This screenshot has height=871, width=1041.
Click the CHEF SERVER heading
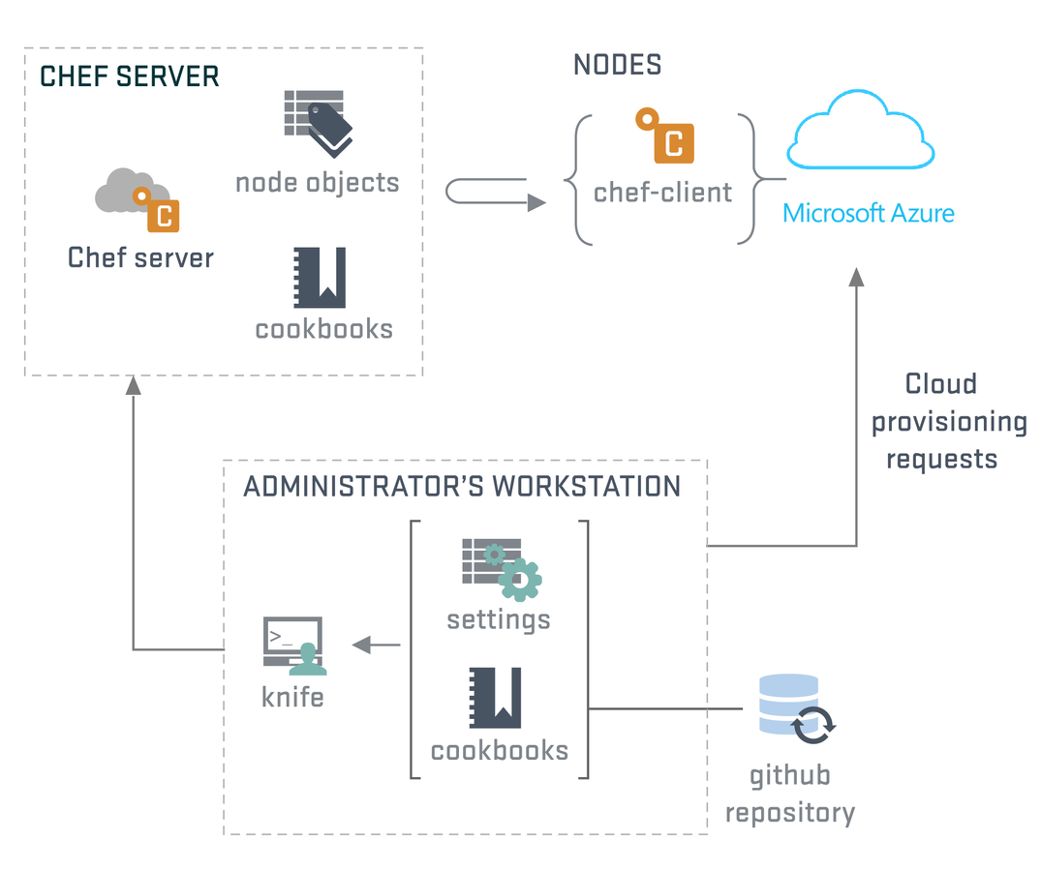pyautogui.click(x=130, y=76)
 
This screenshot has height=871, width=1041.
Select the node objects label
pyautogui.click(x=318, y=183)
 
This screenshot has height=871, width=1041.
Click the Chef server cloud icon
pyautogui.click(x=138, y=199)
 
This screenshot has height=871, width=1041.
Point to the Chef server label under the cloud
pyautogui.click(x=140, y=257)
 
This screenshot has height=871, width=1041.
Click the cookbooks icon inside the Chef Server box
pyautogui.click(x=320, y=278)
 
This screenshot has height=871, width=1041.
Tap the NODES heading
pyautogui.click(x=618, y=65)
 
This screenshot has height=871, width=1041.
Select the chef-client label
pyautogui.click(x=662, y=193)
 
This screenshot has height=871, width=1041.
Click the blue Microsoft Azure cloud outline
pyautogui.click(x=861, y=130)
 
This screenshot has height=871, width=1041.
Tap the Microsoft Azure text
pyautogui.click(x=869, y=213)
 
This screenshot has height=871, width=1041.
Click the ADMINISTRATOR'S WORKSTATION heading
pyautogui.click(x=462, y=486)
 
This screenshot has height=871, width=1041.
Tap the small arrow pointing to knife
pyautogui.click(x=377, y=645)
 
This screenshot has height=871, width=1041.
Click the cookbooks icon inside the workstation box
pyautogui.click(x=495, y=698)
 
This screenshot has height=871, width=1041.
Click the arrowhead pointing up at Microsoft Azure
pyautogui.click(x=857, y=278)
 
